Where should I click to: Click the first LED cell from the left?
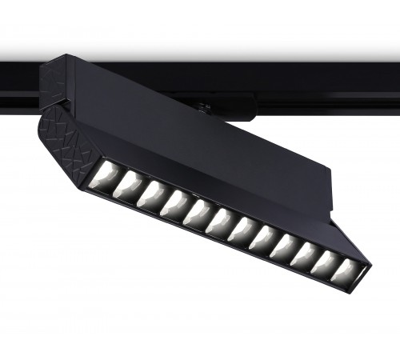point(106,171)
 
